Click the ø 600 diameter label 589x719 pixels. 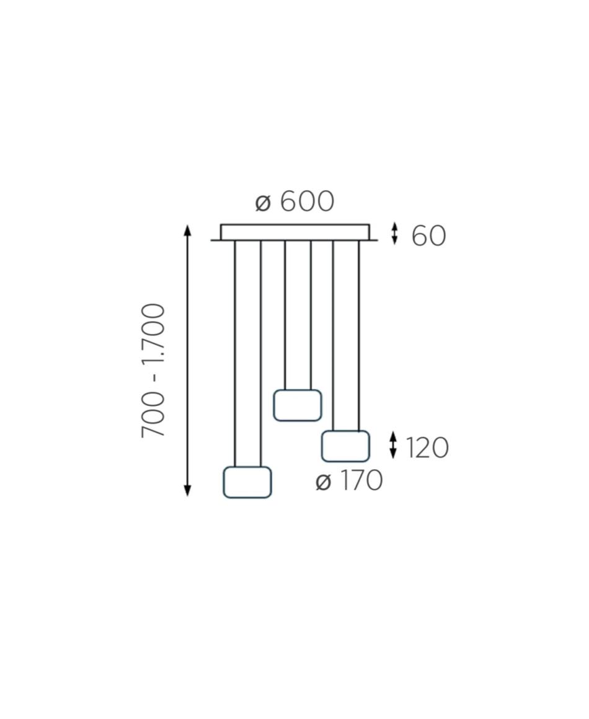pyautogui.click(x=294, y=201)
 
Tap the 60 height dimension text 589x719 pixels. pyautogui.click(x=428, y=236)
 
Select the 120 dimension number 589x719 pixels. pyautogui.click(x=427, y=448)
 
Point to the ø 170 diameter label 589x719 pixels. pyautogui.click(x=349, y=480)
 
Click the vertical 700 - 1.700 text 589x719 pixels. pyautogui.click(x=153, y=370)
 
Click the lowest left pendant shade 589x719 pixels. pyautogui.click(x=247, y=482)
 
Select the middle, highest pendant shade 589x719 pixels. pyautogui.click(x=297, y=405)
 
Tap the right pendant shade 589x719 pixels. pyautogui.click(x=345, y=446)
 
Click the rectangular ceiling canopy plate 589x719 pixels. pyautogui.click(x=295, y=232)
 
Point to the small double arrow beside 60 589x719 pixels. pyautogui.click(x=394, y=234)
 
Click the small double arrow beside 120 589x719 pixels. pyautogui.click(x=393, y=445)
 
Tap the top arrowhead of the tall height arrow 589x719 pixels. pyautogui.click(x=187, y=229)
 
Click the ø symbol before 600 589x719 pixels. pyautogui.click(x=263, y=203)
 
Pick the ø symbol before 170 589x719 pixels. pyautogui.click(x=324, y=482)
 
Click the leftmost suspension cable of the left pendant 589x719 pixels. pyautogui.click(x=235, y=353)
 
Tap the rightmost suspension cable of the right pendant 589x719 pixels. pyautogui.click(x=359, y=336)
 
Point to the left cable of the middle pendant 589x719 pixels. pyautogui.click(x=285, y=315)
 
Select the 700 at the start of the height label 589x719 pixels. pyautogui.click(x=153, y=415)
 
